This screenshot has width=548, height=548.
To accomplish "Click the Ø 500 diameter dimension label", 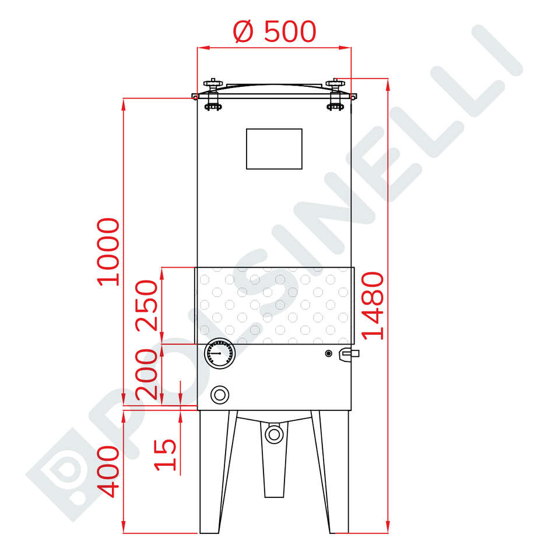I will tap(274, 32).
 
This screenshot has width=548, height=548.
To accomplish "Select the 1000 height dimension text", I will tap(109, 251).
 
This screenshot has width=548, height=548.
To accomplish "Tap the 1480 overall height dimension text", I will tap(373, 305).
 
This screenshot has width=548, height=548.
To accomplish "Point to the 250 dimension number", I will tap(147, 305).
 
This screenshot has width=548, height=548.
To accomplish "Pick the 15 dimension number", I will tap(166, 455).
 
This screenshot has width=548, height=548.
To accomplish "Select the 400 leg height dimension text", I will tap(109, 472).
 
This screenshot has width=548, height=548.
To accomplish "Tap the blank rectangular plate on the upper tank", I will tap(274, 149).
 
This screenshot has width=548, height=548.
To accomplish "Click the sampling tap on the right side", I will tap(349, 353).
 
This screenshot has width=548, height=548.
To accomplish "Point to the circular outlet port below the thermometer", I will tap(219, 395).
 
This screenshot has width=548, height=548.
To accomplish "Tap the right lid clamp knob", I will tap(335, 93).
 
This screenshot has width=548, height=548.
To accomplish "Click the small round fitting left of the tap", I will tap(328, 353).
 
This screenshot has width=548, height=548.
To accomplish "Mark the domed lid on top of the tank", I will tap(274, 87).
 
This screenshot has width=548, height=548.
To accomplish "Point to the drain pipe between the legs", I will tap(273, 472).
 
